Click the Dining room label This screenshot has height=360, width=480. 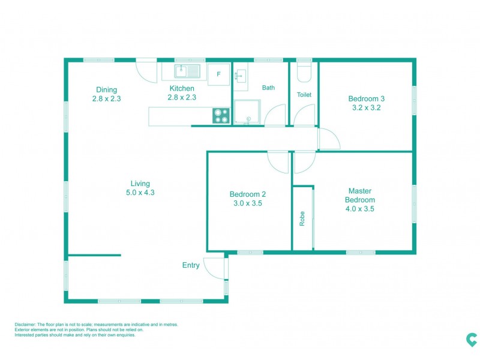(x=107, y=90)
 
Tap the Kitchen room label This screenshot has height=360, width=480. (x=182, y=89)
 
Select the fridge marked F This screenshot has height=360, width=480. (x=218, y=74)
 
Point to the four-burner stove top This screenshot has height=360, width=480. (x=221, y=116)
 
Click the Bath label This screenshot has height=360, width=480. (x=268, y=88)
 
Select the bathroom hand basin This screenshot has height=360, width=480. (x=241, y=76)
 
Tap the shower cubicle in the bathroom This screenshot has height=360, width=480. (x=247, y=112)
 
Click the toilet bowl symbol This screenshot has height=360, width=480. (x=304, y=72)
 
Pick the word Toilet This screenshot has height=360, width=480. (x=304, y=95)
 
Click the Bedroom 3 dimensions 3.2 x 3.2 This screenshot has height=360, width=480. (x=366, y=108)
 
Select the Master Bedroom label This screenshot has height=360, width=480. (x=360, y=196)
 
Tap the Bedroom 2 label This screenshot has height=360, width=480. (x=247, y=194)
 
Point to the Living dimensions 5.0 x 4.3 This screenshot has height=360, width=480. (x=140, y=193)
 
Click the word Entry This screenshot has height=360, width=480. (x=191, y=265)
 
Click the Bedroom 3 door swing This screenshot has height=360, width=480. (x=328, y=139)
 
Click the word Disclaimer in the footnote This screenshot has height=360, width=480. (x=26, y=325)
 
